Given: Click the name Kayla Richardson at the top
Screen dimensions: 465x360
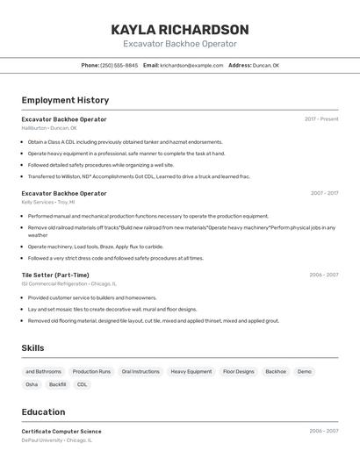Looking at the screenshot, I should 179,30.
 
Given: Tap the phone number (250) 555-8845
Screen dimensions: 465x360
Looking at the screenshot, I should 119,65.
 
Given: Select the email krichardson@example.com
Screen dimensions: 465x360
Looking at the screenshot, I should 191,65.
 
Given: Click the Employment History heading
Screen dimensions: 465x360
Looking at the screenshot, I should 65,100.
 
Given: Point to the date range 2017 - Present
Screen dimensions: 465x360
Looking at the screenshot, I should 321,119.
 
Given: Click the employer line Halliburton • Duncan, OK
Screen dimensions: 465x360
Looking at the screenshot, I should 49,128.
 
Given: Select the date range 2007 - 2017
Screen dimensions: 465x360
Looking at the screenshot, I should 324,193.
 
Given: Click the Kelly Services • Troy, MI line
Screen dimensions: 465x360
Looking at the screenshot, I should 48,202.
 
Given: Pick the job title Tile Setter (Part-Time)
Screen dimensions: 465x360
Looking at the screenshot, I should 55,275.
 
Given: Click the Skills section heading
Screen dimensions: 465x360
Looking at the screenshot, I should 33,348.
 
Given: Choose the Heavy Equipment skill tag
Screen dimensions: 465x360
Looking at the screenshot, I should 191,371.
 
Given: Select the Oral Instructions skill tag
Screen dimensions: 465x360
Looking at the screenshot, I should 140,371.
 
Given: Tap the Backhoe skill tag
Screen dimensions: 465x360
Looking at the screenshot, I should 276,371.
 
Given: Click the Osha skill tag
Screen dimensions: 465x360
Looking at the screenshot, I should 32,384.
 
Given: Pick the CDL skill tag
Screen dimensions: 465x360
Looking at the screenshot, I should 83,384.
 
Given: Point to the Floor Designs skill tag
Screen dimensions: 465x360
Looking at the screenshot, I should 238,371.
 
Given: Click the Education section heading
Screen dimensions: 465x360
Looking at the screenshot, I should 43,411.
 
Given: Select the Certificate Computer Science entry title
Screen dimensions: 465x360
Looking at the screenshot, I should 61,431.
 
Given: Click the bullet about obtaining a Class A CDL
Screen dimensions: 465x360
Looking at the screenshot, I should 125,141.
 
